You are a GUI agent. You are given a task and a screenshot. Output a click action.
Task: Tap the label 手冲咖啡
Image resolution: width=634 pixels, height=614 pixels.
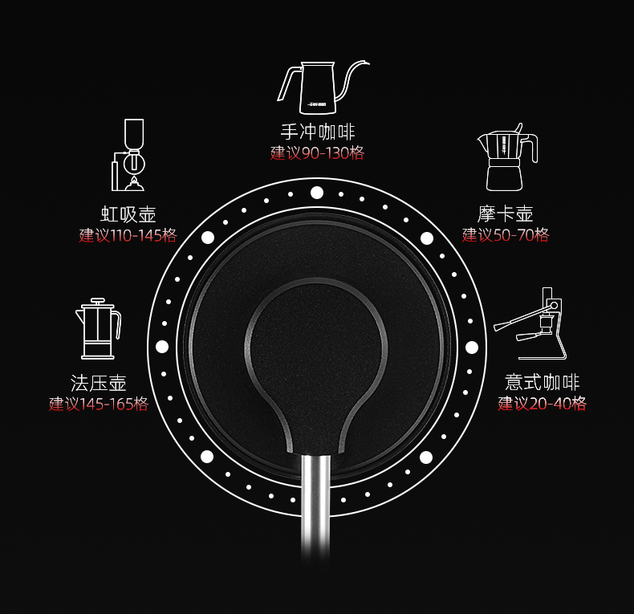[x=317, y=132]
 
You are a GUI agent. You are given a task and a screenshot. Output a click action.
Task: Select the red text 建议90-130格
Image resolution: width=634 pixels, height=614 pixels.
[x=317, y=152]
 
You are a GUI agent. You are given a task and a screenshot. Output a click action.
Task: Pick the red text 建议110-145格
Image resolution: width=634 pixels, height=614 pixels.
[x=128, y=235]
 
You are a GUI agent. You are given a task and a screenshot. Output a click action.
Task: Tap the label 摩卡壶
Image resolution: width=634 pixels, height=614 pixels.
[x=506, y=214]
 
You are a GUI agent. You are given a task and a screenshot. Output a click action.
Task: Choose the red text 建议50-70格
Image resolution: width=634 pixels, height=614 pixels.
[x=506, y=234]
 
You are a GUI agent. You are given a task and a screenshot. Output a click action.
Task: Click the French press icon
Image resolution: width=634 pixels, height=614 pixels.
[x=96, y=328]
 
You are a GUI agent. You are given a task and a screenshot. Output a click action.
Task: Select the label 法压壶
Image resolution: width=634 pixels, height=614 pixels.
[x=99, y=383]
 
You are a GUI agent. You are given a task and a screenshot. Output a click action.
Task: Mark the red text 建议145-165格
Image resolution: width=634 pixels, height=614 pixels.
[x=99, y=404]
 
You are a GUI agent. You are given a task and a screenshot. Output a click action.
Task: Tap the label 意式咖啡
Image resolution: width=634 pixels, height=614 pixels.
[x=542, y=383]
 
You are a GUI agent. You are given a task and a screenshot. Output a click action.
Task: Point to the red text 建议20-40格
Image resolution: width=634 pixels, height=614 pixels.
[x=542, y=404]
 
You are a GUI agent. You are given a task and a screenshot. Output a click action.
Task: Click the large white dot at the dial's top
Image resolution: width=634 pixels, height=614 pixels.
[x=317, y=193]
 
